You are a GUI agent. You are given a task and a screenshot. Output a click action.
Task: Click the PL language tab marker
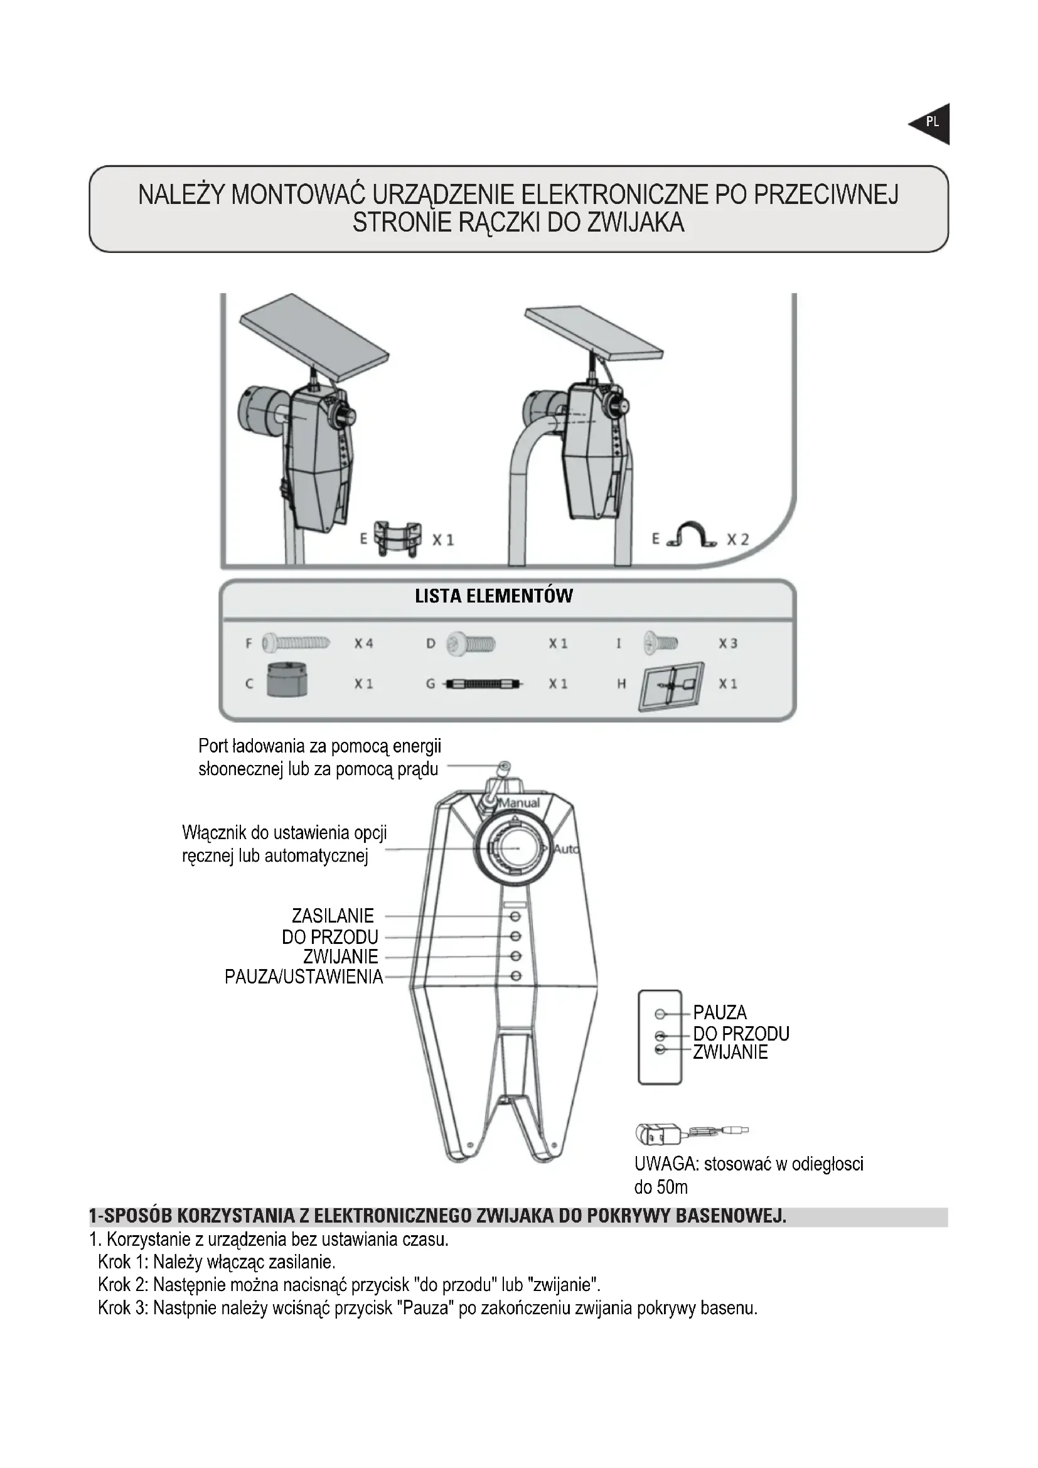(x=932, y=122)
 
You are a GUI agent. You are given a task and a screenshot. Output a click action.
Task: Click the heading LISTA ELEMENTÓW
(x=493, y=596)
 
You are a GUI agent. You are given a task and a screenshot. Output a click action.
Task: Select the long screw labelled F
(x=296, y=642)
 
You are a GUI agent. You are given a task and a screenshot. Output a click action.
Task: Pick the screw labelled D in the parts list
(x=471, y=643)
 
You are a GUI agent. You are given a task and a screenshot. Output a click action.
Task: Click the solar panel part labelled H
(x=671, y=685)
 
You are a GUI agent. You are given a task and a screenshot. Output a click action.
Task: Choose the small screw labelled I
(x=661, y=641)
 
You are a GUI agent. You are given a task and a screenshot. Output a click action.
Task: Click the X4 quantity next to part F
(x=364, y=643)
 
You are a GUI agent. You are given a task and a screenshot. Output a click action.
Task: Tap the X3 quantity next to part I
(x=728, y=643)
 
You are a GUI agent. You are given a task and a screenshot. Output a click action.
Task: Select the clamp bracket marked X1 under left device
(x=397, y=538)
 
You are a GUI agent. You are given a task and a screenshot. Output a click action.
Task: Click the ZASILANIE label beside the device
(x=333, y=916)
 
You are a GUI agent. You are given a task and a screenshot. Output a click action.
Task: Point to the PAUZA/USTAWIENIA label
(x=304, y=977)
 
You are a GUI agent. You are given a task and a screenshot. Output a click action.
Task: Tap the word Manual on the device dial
(x=519, y=803)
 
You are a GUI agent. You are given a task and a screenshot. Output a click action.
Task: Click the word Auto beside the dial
(x=565, y=849)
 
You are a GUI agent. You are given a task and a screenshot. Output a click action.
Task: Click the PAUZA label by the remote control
(x=720, y=1013)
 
